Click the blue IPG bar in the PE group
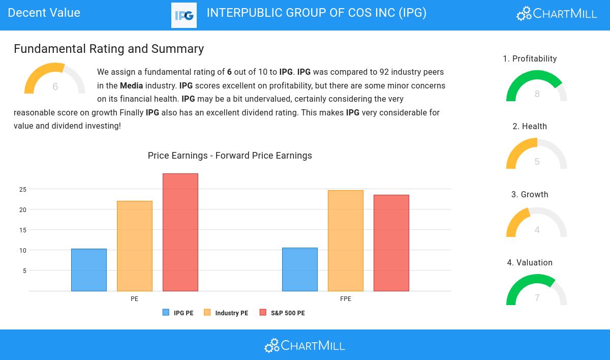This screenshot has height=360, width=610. pyautogui.click(x=89, y=270)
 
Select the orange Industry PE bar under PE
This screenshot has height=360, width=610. pyautogui.click(x=135, y=246)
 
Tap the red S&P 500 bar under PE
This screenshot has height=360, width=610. pyautogui.click(x=180, y=232)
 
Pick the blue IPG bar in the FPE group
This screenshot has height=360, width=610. pyautogui.click(x=300, y=269)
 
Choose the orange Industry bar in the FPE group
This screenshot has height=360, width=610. pyautogui.click(x=346, y=241)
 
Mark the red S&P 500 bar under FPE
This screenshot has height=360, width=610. pyautogui.click(x=391, y=243)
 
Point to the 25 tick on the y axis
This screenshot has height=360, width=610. pyautogui.click(x=23, y=190)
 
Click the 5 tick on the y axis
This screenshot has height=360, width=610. pyautogui.click(x=24, y=271)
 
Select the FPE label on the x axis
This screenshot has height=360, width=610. pyautogui.click(x=346, y=299)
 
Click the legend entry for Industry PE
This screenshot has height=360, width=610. pyautogui.click(x=226, y=313)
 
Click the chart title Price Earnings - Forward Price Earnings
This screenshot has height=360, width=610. pyautogui.click(x=230, y=156)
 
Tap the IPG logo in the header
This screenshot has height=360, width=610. pyautogui.click(x=184, y=15)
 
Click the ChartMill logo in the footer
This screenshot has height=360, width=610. pyautogui.click(x=304, y=346)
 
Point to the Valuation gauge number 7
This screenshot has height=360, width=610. pyautogui.click(x=537, y=298)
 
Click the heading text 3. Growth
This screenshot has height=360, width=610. pyautogui.click(x=530, y=195)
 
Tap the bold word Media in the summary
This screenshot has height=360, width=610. pyautogui.click(x=131, y=86)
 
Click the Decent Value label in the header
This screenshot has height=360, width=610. pyautogui.click(x=44, y=13)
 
